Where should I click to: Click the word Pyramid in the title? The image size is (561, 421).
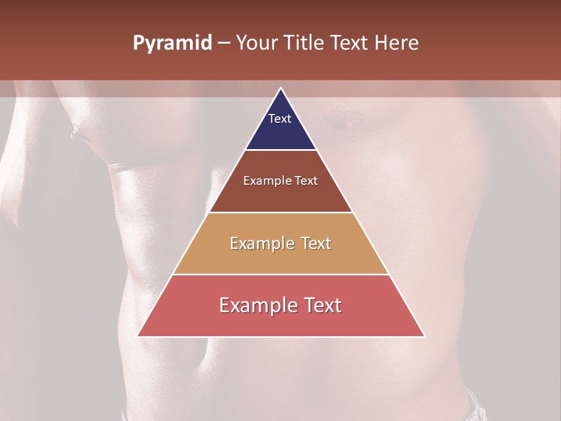(172, 43)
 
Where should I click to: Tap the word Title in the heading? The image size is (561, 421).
(307, 43)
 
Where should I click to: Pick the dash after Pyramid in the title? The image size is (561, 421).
(224, 43)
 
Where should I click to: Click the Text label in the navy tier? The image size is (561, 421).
(280, 119)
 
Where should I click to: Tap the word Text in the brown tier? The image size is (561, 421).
(306, 181)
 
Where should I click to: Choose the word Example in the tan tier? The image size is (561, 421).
(263, 243)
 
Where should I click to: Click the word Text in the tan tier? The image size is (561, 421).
(316, 243)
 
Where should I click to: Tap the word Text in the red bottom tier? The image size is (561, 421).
(321, 305)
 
